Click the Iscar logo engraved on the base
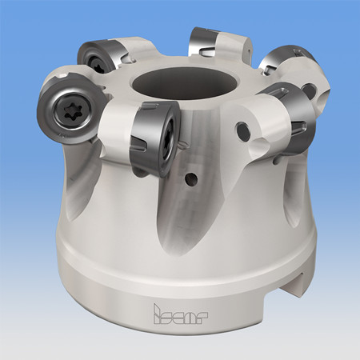[x=181, y=314]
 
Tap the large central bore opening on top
[x=184, y=83]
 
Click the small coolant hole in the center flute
[x=192, y=178]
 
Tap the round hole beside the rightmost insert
[x=244, y=130]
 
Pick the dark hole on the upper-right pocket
[x=309, y=90]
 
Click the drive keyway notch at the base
[x=298, y=285]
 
